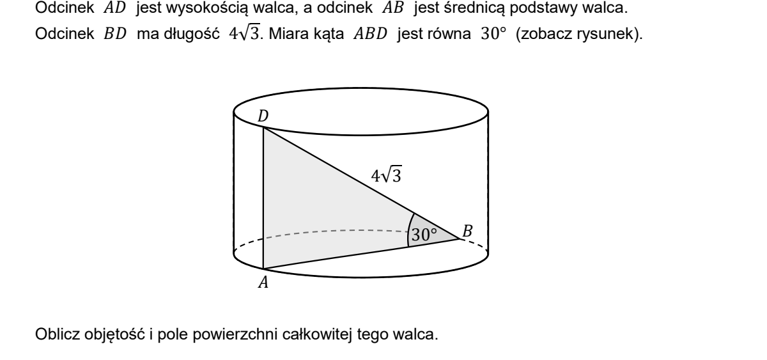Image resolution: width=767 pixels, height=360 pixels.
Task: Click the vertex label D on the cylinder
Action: coord(263,116)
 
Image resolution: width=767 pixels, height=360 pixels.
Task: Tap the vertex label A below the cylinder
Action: coord(263,283)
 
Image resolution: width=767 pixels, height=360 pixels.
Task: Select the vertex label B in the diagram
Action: coord(467,231)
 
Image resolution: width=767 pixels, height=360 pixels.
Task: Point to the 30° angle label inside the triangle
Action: coord(424,235)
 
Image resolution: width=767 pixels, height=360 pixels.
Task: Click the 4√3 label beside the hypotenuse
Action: coord(386,175)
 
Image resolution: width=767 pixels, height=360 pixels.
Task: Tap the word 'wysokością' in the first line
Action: coord(207,8)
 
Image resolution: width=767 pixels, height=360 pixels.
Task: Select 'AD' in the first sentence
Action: coord(115,8)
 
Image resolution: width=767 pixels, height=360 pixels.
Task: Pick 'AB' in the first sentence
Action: coord(393,8)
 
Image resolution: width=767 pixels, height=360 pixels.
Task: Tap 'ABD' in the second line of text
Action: coord(371,33)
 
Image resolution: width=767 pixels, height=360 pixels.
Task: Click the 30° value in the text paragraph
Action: coord(493,33)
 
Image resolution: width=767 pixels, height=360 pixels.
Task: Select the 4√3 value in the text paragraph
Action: coord(244,33)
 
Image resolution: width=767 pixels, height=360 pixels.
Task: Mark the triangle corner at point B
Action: coord(460,239)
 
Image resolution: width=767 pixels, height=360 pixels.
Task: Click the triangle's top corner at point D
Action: coord(263,127)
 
